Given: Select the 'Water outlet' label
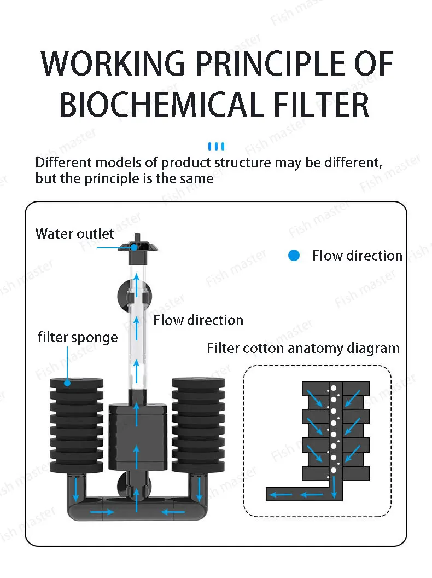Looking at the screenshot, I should [74, 234].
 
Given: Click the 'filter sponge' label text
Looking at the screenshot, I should [78, 337].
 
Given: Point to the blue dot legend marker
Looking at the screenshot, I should [294, 256].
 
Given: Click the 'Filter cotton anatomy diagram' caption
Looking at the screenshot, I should [303, 348].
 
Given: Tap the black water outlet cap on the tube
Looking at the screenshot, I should [135, 246].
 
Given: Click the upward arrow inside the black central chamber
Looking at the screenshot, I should [136, 454].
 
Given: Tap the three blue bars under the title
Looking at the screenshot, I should [217, 146].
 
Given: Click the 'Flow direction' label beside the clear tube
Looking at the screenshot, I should [198, 320].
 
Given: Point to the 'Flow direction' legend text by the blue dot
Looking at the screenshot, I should [357, 256].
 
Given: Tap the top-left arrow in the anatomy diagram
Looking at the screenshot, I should [312, 396].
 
